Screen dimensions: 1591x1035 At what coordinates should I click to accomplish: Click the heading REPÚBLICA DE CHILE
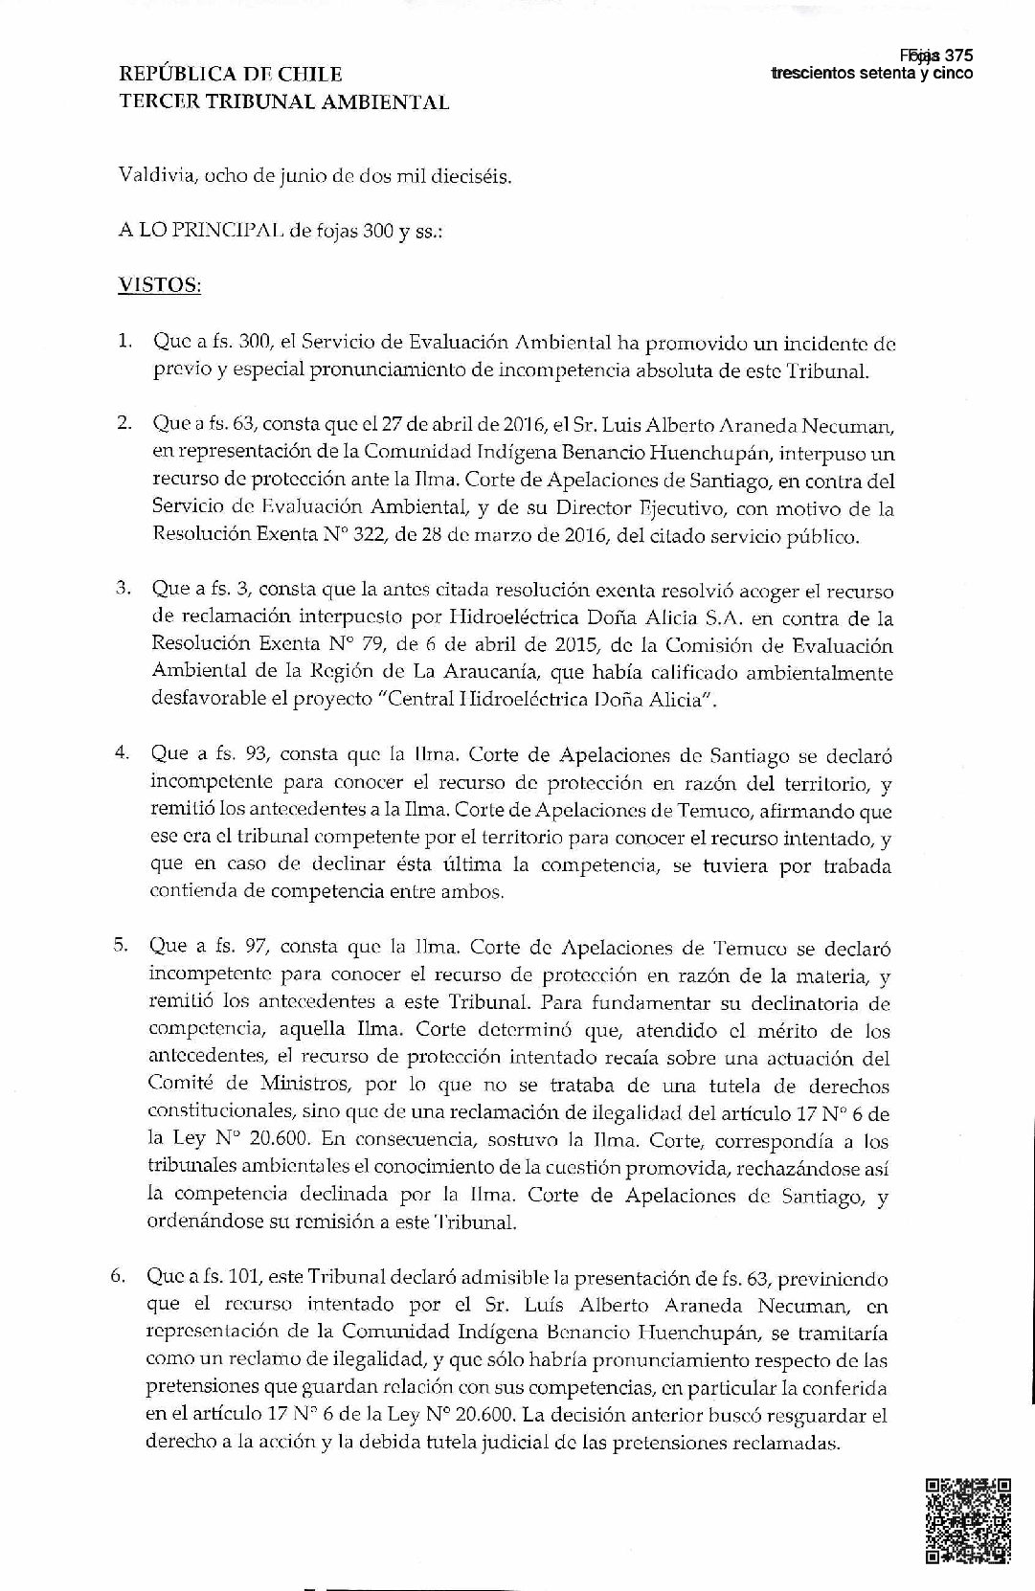pyautogui.click(x=231, y=75)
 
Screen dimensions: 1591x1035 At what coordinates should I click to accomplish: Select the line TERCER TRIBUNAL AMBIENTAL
pyautogui.click(x=283, y=101)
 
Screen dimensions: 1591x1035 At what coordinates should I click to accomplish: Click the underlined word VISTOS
pyautogui.click(x=159, y=285)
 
